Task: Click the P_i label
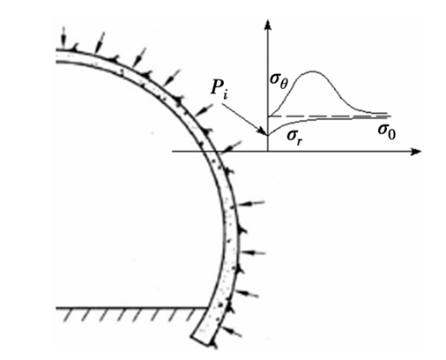coord(219,88)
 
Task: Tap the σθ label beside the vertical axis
coord(279,81)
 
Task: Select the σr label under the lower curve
coord(294,137)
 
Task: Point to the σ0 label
coord(387,131)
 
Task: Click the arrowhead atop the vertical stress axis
coord(267,25)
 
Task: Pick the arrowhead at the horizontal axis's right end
coord(416,152)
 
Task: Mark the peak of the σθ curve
coord(312,71)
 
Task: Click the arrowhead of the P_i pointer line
coord(263,131)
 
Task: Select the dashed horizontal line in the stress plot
coord(329,116)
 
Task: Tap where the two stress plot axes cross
coord(268,152)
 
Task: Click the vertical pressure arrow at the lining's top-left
coord(63,36)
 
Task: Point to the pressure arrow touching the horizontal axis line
coord(231,146)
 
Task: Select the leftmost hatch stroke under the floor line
coord(68,315)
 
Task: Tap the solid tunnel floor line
coord(131,308)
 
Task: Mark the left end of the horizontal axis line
coord(173,152)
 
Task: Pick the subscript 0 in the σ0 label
coord(391,135)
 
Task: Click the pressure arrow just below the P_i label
coord(204,109)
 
